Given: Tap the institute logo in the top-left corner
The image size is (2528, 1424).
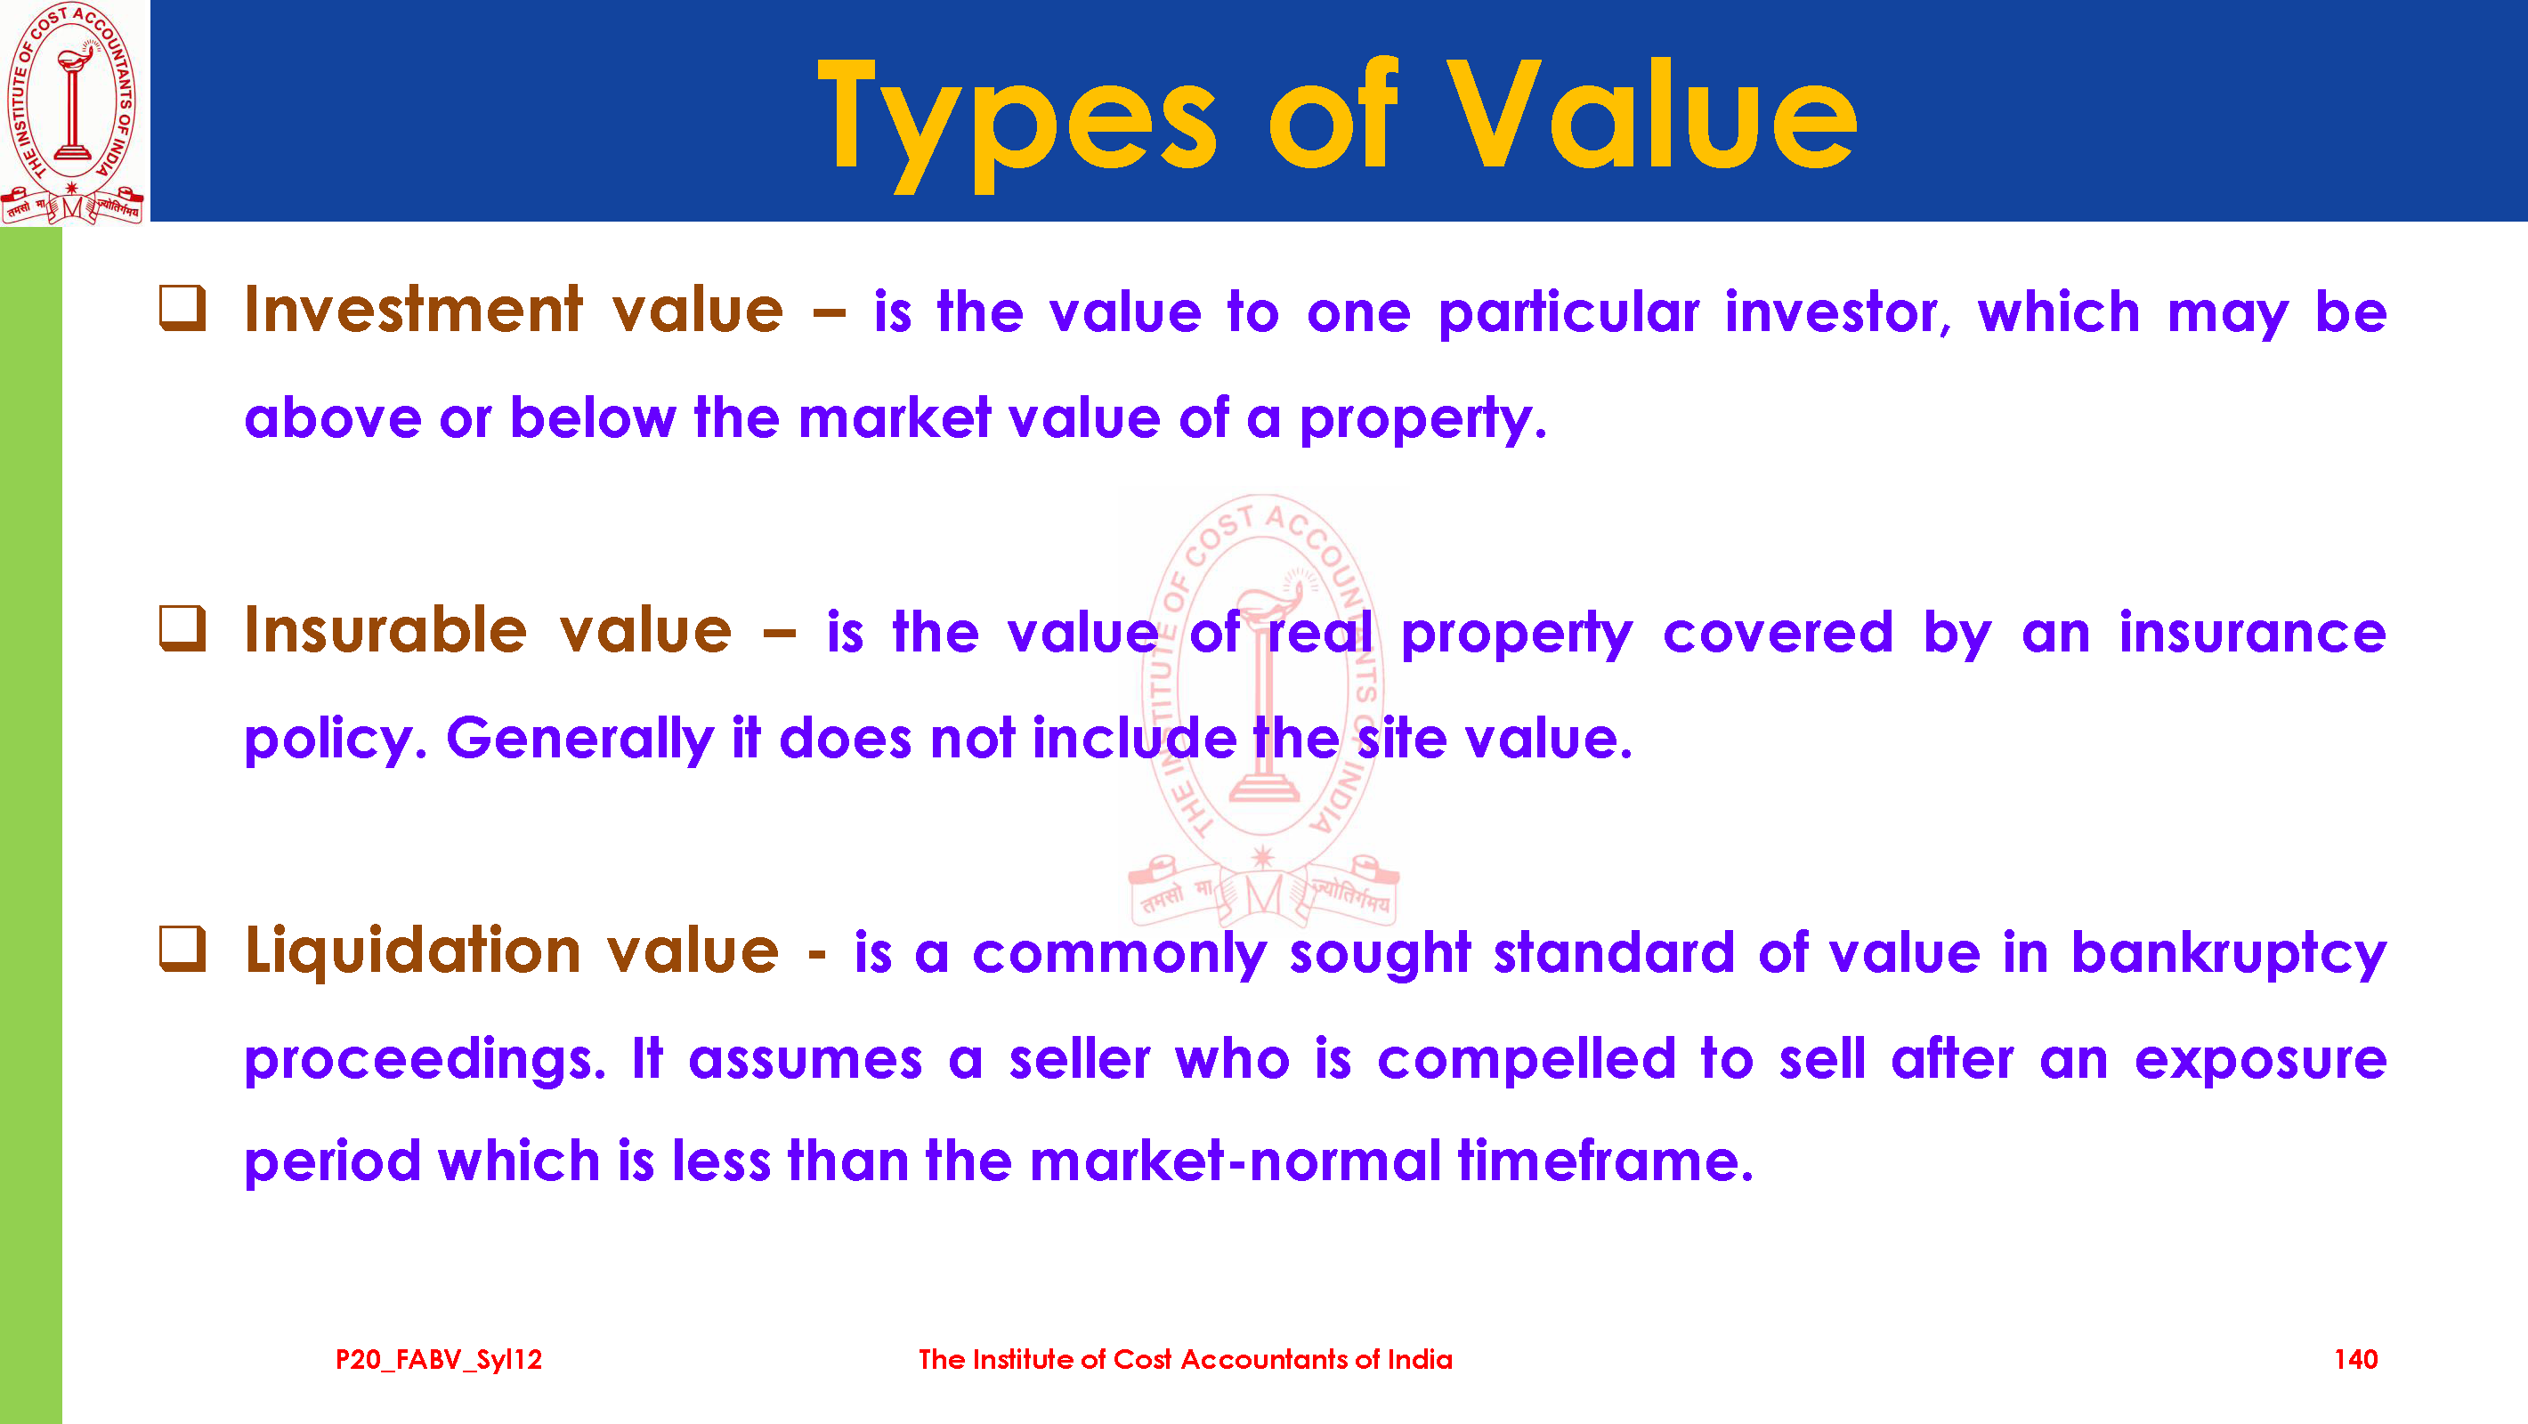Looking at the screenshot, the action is coord(73,113).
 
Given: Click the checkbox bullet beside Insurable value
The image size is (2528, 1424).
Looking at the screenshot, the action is coord(182,628).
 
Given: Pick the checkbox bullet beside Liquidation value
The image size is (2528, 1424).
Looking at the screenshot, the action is coord(182,949).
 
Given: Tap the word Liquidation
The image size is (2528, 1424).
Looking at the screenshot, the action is coord(413,953).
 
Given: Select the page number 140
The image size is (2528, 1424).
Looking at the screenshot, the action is coord(2355,1359).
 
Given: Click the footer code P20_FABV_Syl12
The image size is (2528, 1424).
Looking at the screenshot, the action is coord(439,1360).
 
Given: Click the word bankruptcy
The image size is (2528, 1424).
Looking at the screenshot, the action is coord(2229,953).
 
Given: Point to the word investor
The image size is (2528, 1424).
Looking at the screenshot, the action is coord(1838,313).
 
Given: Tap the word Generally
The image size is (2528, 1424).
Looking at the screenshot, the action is coord(580,738).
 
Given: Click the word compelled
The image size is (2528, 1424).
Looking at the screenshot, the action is coord(1526,1059).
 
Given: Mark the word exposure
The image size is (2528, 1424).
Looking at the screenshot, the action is coord(2261,1061).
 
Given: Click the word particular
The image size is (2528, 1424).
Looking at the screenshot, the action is coord(1568,313).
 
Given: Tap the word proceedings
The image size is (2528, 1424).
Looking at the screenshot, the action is coord(425,1061).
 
